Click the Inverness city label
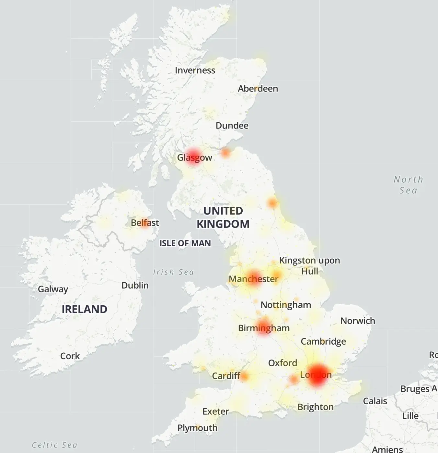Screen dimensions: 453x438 [x=195, y=70]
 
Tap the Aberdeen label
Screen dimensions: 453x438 [x=258, y=89]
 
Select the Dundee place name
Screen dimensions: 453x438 [x=232, y=126]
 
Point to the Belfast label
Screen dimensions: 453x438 [x=145, y=223]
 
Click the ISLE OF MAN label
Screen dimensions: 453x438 [x=185, y=243]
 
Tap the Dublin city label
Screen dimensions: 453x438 [x=135, y=286]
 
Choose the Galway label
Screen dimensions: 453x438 [x=53, y=289]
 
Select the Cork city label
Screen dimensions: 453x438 [x=70, y=356]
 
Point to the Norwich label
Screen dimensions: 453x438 [x=358, y=321]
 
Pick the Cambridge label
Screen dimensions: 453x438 [x=323, y=341]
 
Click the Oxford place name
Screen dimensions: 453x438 [x=282, y=363]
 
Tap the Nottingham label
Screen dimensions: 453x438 [x=286, y=305]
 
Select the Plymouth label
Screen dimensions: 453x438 [x=197, y=428]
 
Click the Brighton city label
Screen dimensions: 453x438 [x=315, y=407]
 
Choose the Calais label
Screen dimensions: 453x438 [x=375, y=401]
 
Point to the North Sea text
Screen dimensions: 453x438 [x=408, y=185]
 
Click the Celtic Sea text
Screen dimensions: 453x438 [x=54, y=445]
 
